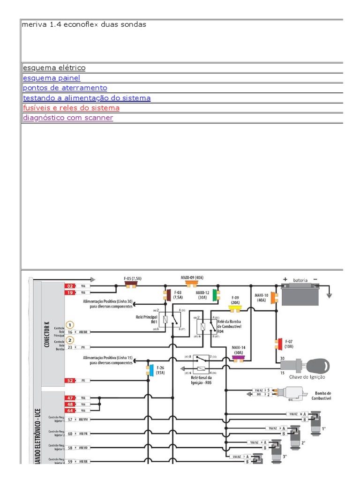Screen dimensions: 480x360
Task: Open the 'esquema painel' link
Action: (x=52, y=78)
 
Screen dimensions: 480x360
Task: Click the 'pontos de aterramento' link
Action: (x=65, y=88)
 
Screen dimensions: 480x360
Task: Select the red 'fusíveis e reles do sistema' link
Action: (x=71, y=108)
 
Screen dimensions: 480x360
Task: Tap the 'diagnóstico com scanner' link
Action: (x=68, y=118)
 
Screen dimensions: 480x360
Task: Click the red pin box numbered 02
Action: (x=69, y=285)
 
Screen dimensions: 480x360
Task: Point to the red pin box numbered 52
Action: (x=69, y=381)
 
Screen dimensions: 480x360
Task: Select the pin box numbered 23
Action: (x=69, y=347)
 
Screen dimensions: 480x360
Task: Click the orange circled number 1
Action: (x=69, y=324)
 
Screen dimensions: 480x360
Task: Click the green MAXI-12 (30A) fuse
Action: (x=214, y=295)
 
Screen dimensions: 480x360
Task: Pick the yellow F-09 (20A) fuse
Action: (x=234, y=308)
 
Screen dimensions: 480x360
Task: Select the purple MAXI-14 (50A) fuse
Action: (x=238, y=359)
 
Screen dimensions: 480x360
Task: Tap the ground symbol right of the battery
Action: (x=329, y=294)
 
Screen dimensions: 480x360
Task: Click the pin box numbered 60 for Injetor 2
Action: (x=69, y=434)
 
